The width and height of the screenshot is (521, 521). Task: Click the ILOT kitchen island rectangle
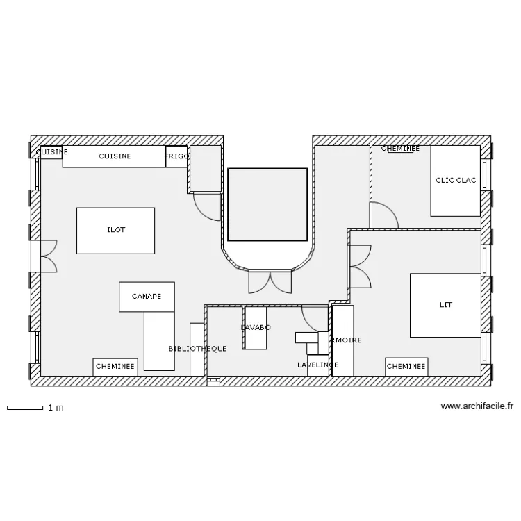pos(115,230)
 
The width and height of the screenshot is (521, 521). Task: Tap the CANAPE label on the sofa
pos(147,297)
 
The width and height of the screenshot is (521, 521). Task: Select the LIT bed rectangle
pos(445,305)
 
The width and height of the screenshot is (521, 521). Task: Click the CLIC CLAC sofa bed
pos(456,181)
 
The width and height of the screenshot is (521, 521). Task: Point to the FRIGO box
pos(177,156)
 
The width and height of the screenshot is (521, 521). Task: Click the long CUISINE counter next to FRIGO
pos(114,156)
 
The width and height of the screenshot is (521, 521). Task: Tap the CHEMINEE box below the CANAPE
pos(115,367)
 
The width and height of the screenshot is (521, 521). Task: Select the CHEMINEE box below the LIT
pos(406,367)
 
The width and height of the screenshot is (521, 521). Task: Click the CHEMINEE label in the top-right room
pos(400,149)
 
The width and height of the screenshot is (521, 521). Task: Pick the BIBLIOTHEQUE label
pos(197,349)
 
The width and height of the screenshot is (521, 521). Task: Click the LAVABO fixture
pos(256,328)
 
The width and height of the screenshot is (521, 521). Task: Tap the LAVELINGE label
pos(317,365)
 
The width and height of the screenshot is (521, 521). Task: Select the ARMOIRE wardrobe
pos(343,340)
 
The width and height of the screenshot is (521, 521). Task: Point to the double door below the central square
pos(270,281)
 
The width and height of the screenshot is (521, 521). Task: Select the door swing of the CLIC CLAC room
pos(382,215)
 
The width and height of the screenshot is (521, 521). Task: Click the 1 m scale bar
pos(25,408)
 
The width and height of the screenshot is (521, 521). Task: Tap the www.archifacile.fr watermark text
pos(477,407)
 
